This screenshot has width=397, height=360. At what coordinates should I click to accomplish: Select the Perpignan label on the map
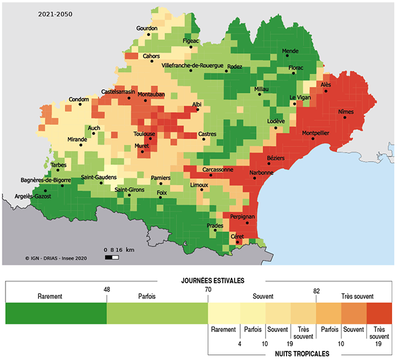coord(243,217)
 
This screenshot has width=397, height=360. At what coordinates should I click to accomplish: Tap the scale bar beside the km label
coord(111,257)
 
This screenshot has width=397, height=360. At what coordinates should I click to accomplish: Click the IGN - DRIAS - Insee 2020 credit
coord(56,258)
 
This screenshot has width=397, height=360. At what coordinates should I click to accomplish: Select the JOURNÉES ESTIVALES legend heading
coord(209,280)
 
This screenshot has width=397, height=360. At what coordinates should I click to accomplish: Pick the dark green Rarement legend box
coord(56,314)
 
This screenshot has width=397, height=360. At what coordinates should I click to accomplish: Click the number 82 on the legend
coord(316,291)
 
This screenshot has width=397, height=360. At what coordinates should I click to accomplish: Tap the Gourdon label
coord(147,29)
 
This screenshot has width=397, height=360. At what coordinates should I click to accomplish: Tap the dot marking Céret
coord(237,243)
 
